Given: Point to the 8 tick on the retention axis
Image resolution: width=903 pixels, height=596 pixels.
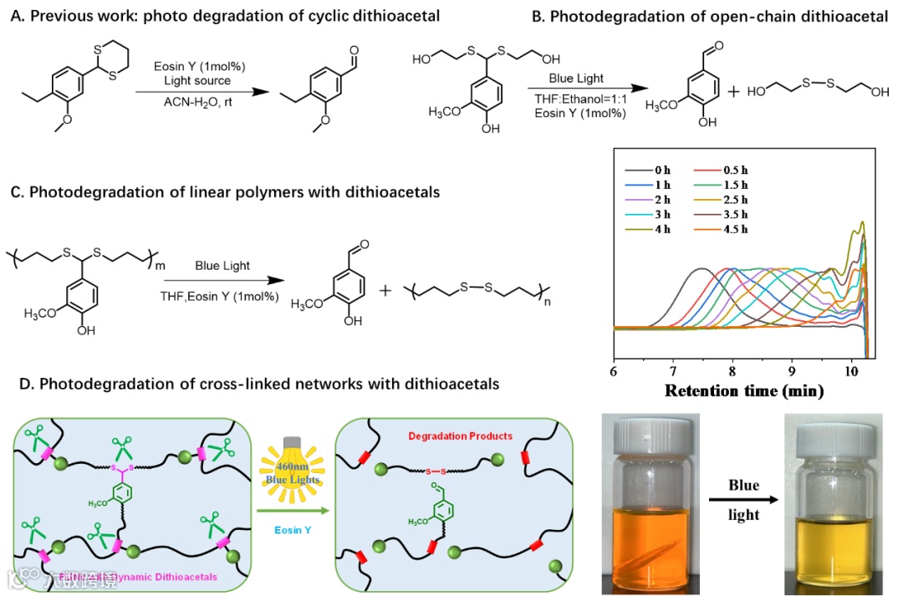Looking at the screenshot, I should pos(732,369).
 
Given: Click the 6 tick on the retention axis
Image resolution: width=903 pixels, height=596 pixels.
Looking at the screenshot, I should pos(614,369).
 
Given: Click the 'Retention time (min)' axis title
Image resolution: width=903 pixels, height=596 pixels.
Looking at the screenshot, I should pos(743,390).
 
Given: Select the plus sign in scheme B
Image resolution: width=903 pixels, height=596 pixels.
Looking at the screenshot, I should pos(734,92).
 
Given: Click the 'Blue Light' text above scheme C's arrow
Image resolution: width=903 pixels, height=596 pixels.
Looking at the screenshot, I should pos(222,266).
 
